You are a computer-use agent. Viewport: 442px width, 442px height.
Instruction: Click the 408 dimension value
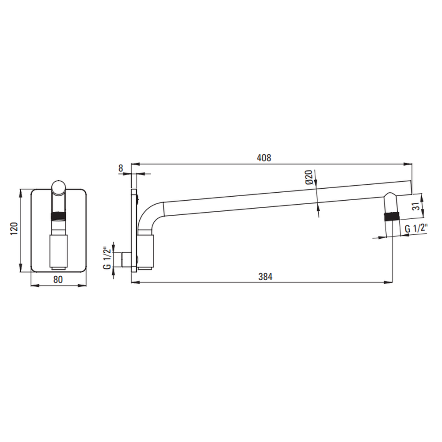(x=264, y=158)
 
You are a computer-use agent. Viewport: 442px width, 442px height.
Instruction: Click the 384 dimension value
(x=266, y=277)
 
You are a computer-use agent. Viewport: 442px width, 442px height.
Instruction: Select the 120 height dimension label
(x=15, y=229)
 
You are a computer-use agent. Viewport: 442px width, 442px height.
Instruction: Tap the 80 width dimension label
(x=58, y=279)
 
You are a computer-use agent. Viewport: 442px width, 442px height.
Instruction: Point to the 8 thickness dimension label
(x=121, y=168)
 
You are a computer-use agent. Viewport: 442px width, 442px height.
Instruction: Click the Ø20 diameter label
(x=309, y=177)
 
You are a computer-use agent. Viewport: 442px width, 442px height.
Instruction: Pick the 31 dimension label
(x=416, y=206)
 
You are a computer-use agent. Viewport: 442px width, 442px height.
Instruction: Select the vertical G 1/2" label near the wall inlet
(x=107, y=258)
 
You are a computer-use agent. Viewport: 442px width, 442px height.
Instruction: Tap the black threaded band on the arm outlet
(x=392, y=217)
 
